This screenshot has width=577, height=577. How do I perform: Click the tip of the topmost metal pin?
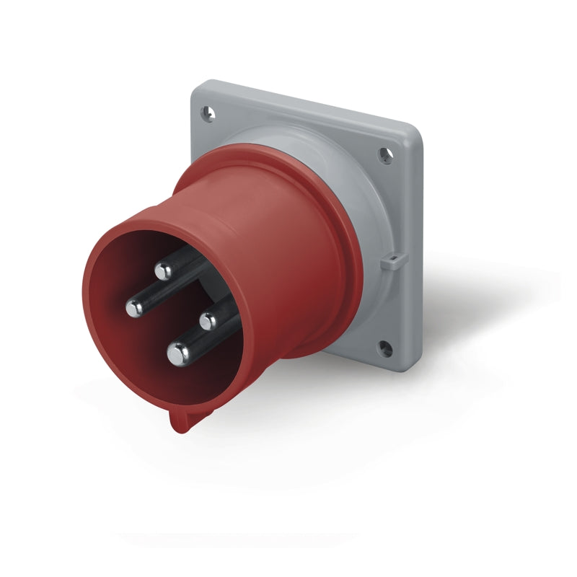[163, 272]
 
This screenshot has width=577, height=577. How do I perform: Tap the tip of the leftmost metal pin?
[134, 308]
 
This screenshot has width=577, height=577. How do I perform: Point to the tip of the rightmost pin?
[209, 320]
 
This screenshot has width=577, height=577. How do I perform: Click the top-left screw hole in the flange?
[208, 113]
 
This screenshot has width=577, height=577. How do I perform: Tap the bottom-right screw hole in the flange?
[385, 351]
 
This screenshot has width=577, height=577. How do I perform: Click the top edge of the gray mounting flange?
[303, 105]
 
